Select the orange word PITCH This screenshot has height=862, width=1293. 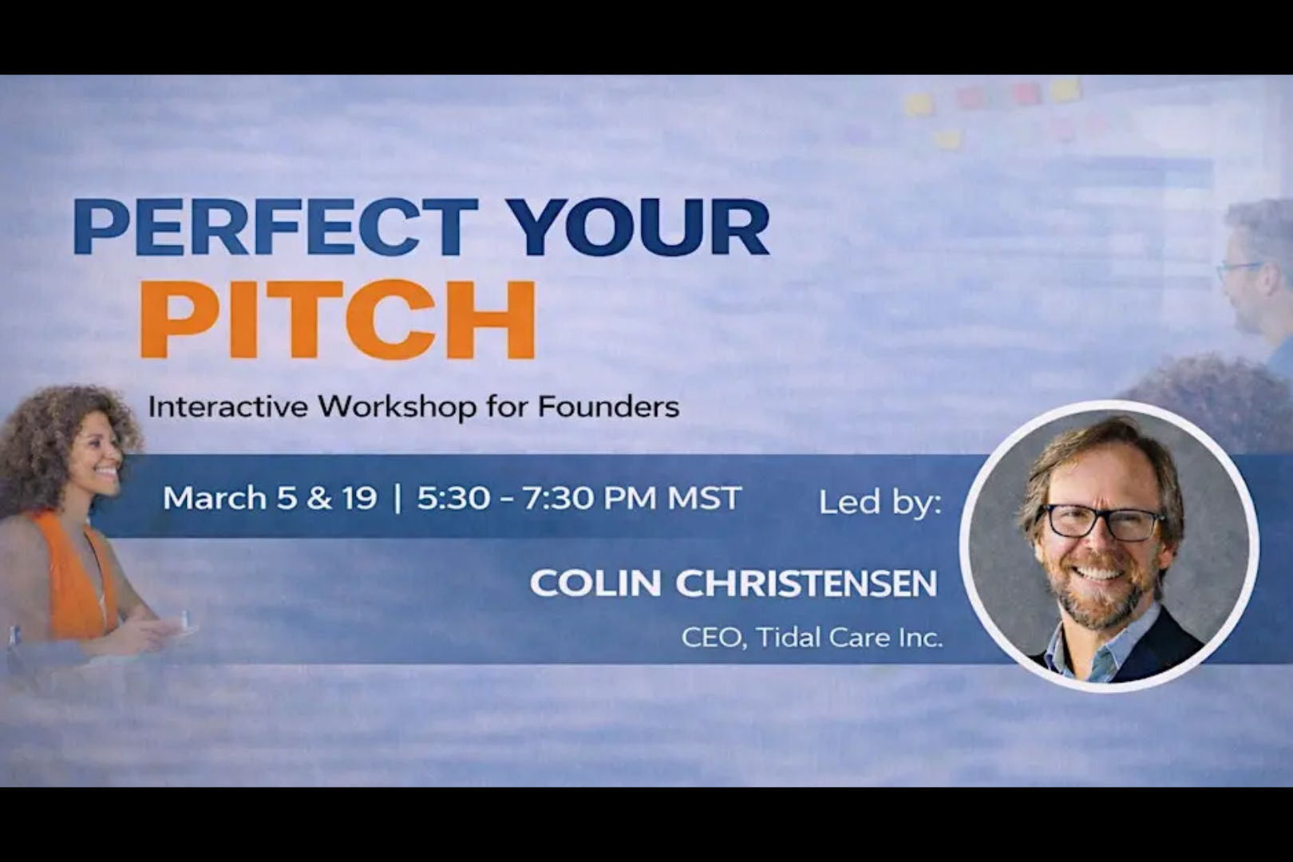(x=338, y=320)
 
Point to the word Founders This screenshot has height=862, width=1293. (x=608, y=407)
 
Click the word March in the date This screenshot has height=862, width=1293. (x=215, y=498)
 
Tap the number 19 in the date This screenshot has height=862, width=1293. (x=359, y=498)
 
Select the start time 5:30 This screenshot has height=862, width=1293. (x=453, y=498)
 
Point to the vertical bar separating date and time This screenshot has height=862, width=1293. (x=397, y=498)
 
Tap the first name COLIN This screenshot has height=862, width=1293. (x=595, y=583)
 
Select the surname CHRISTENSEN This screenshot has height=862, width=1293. (x=806, y=583)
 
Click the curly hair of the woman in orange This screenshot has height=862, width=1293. (x=48, y=431)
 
